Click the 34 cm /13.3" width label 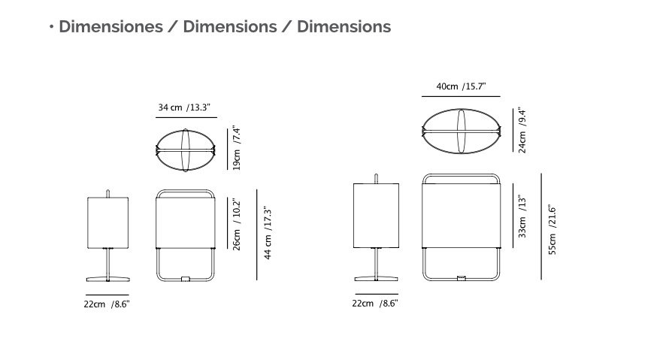(184, 107)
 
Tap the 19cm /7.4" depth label (237, 147)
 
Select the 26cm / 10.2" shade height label (237, 224)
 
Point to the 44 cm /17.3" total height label (268, 232)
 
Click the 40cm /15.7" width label (461, 86)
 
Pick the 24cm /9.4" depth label (522, 131)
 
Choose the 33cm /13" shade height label (522, 216)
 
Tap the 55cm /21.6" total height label (552, 229)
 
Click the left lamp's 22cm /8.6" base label (107, 304)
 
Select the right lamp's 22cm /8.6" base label (375, 304)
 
